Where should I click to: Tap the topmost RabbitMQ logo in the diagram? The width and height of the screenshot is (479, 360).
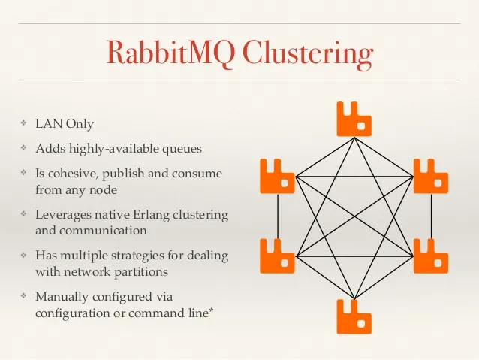(x=354, y=118)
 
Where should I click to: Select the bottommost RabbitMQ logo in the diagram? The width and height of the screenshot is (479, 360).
(x=354, y=316)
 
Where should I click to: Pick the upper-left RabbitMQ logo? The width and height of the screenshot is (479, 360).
(x=277, y=176)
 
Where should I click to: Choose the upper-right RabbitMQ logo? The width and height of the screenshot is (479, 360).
(x=431, y=176)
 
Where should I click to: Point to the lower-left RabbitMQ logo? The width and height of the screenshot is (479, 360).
(x=277, y=256)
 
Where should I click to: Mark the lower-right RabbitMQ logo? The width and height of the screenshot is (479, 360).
(x=431, y=256)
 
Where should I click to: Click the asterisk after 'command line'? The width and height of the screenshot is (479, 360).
(x=212, y=310)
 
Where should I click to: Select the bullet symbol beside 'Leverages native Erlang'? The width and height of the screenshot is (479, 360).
(x=23, y=214)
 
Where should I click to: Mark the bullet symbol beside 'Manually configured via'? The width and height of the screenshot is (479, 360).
(x=23, y=296)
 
